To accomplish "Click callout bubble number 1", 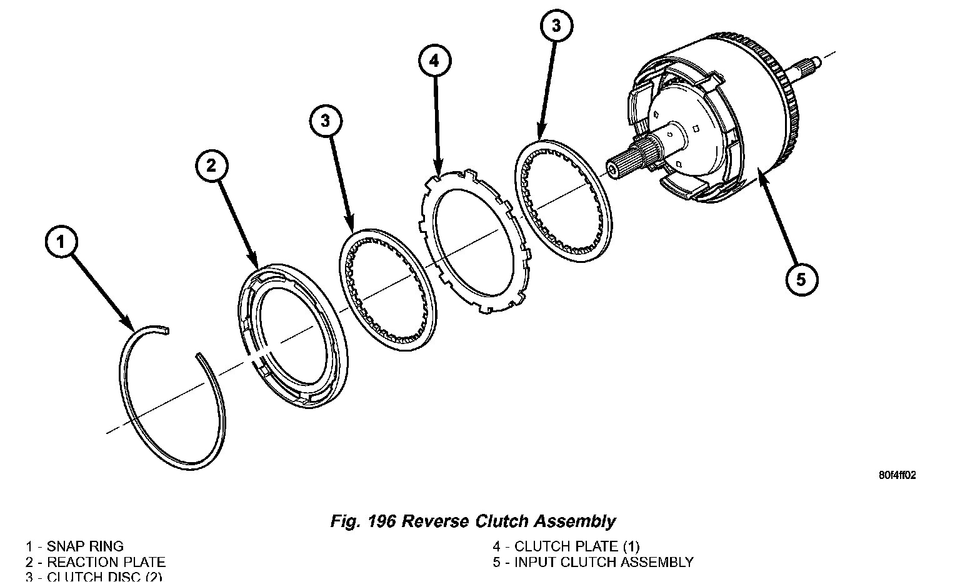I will coord(61,243).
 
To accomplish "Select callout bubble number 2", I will coord(211,166).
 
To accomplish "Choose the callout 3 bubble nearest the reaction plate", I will coord(326,121).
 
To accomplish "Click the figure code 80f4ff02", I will coord(897,475).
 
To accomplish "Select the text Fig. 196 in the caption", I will coord(362,521).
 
